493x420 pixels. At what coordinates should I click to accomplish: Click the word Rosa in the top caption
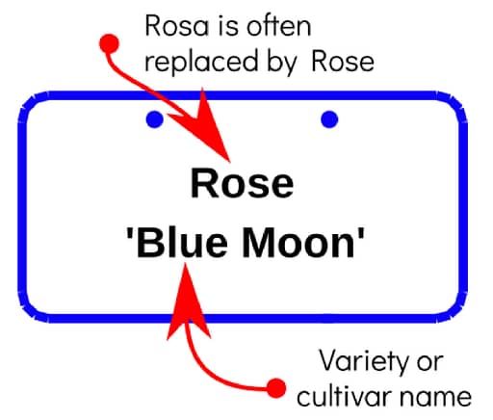point(177,26)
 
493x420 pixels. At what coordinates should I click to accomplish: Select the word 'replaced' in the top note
point(201,61)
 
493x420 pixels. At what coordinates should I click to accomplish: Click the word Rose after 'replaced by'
point(343,61)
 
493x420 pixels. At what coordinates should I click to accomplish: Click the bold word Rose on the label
point(243,183)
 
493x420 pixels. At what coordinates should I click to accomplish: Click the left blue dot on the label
point(155,119)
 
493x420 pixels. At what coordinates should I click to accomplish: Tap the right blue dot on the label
point(329,119)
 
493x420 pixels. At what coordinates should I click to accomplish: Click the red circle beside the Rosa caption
point(109,43)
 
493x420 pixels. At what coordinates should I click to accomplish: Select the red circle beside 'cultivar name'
point(276,388)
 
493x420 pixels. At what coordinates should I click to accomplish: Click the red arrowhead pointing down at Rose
point(205,128)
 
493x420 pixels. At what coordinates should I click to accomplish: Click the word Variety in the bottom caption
point(363,362)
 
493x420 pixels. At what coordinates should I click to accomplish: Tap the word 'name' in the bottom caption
point(435,398)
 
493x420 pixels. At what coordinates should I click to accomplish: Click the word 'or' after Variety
point(430,363)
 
